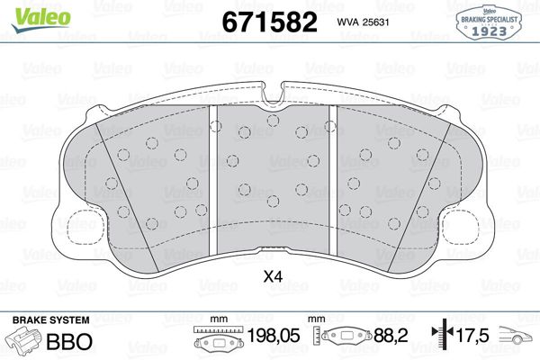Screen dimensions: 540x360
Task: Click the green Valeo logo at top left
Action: pyautogui.click(x=41, y=20)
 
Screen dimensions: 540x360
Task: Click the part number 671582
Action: pyautogui.click(x=270, y=22)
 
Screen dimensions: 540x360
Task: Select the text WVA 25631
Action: pyautogui.click(x=363, y=22)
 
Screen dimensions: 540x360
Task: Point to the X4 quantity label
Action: pyautogui.click(x=273, y=276)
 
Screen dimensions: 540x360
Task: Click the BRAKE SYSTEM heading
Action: pyautogui.click(x=51, y=320)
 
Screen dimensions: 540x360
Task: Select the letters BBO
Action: pyautogui.click(x=69, y=341)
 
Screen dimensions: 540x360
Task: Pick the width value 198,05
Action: pyautogui.click(x=274, y=335)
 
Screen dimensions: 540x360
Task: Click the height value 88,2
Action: pyautogui.click(x=391, y=335)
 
